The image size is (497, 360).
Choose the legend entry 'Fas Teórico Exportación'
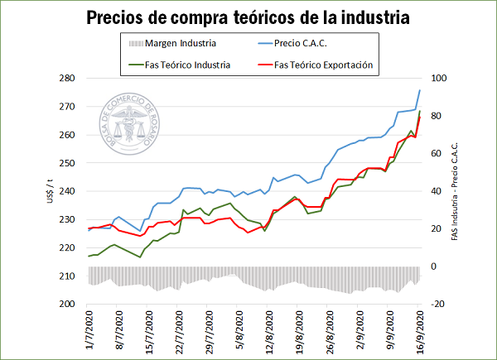coord(322,64)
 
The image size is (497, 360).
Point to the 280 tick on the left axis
coord(68,79)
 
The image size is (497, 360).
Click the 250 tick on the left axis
coord(68,163)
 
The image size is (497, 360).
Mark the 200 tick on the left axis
coord(68,304)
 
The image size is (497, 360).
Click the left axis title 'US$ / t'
coord(51,191)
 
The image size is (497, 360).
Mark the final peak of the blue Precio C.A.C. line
coord(420,90)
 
